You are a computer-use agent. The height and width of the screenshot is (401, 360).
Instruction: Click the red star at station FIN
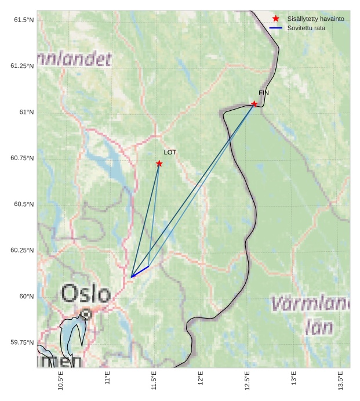click(x=254, y=104)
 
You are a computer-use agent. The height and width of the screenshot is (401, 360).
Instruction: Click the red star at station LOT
click(x=159, y=164)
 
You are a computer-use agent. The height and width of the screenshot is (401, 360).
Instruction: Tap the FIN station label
click(x=264, y=93)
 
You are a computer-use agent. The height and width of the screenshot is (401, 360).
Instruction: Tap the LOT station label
click(x=170, y=153)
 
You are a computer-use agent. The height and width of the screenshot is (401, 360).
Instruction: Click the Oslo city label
click(x=85, y=294)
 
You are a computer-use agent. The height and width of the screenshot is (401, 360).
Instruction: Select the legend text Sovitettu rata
click(x=306, y=28)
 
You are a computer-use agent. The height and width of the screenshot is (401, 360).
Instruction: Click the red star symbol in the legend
click(x=276, y=19)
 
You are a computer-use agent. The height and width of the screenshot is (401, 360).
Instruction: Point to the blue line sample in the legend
click(x=276, y=28)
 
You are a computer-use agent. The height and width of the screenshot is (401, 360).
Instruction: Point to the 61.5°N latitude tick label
click(x=24, y=20)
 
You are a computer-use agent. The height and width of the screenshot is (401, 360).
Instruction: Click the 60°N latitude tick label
click(x=27, y=297)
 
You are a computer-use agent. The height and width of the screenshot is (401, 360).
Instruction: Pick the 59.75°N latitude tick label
click(x=22, y=342)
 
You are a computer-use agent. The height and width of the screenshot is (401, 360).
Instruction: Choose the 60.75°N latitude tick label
click(x=22, y=158)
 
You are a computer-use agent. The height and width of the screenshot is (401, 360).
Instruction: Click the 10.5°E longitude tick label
click(x=61, y=381)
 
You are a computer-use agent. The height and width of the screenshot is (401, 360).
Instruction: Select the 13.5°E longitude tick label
click(x=341, y=381)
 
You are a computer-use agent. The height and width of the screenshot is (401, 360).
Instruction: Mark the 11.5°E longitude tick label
click(x=154, y=381)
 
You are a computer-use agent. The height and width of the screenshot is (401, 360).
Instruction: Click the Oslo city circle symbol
click(x=86, y=314)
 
